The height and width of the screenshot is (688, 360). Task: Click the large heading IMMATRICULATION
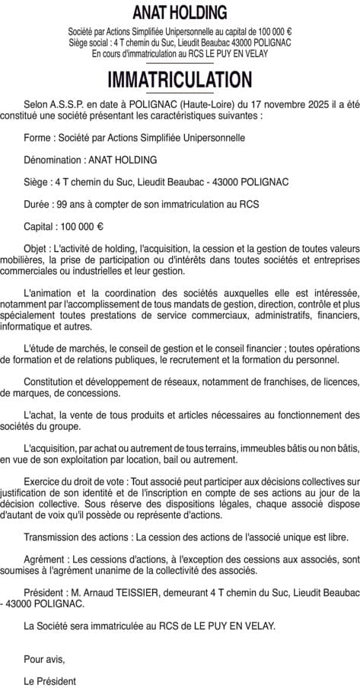tap(180, 80)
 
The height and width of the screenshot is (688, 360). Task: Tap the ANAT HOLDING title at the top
tap(180, 13)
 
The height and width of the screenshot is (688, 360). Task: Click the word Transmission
tap(54, 537)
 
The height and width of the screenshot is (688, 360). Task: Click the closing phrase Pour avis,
tap(44, 658)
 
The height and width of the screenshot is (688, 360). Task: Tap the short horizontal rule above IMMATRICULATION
tap(180, 64)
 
